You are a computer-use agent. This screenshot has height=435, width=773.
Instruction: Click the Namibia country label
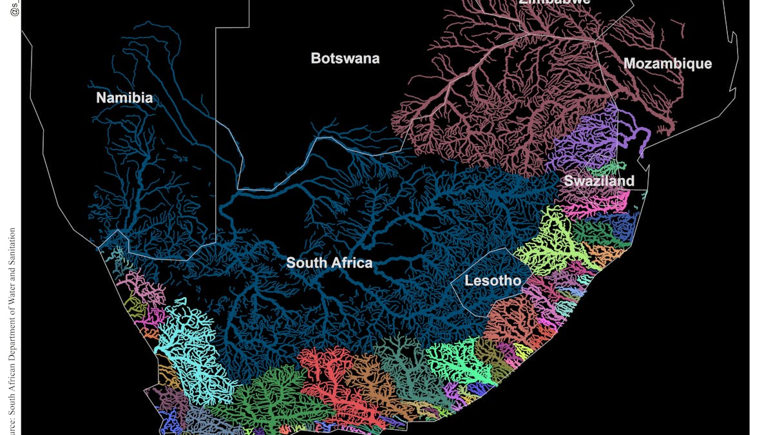point(124,98)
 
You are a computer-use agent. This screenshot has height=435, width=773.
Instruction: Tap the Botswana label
point(345,58)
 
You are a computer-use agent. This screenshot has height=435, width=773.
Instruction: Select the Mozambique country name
point(667,63)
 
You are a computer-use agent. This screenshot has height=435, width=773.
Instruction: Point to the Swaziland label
point(599,180)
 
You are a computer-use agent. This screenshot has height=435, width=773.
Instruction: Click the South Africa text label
point(329,262)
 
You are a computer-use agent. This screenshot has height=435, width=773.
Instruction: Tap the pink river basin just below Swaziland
point(596,206)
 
